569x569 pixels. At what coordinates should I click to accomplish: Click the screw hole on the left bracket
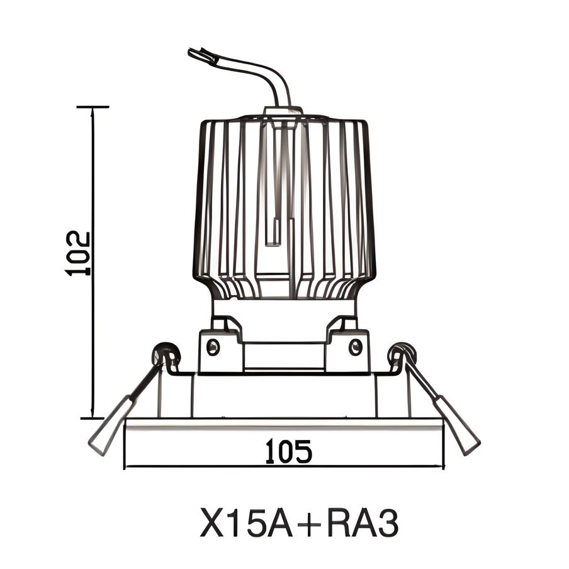point(213,346)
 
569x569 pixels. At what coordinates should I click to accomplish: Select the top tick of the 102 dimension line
point(93,107)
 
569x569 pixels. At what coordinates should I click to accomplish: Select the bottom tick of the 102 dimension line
point(93,417)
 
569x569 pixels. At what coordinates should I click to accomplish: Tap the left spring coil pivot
point(166,354)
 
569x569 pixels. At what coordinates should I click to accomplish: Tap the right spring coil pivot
point(402,354)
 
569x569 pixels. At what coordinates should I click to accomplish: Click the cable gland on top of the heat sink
point(283,111)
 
